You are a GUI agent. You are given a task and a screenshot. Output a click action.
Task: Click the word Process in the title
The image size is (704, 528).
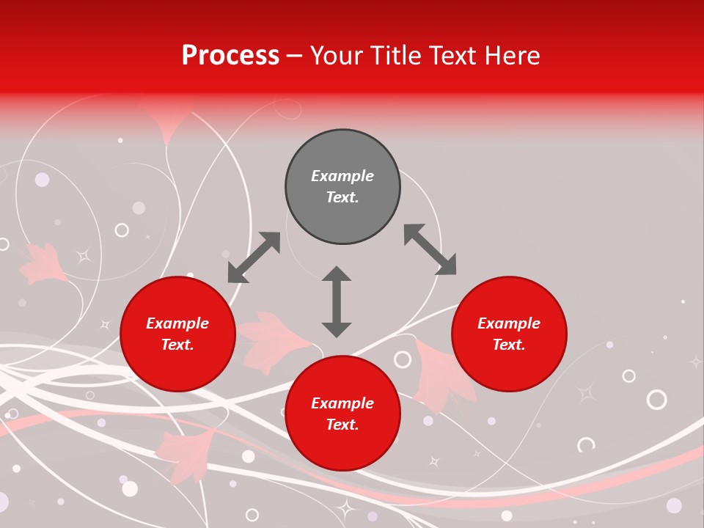pos(230,56)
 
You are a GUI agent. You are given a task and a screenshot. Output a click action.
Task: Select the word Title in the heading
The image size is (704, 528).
pos(399,56)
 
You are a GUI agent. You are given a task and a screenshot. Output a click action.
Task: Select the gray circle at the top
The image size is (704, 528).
pos(342,187)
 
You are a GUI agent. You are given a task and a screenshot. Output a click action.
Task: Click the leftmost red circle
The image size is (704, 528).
pos(177,334)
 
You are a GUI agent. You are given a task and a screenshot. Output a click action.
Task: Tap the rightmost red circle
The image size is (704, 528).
pos(509,334)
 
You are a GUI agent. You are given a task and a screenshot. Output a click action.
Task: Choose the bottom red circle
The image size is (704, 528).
pos(342,414)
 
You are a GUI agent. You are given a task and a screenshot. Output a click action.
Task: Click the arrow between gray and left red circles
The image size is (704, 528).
pos(254,257)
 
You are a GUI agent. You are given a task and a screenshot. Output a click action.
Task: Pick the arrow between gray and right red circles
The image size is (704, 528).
pos(430,249)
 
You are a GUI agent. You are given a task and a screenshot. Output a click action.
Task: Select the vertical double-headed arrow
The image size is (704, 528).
pos(337,301)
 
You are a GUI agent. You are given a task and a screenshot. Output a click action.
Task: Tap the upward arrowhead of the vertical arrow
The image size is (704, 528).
pos(337,274)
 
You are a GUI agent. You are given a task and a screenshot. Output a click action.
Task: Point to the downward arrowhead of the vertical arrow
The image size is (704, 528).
pos(337,329)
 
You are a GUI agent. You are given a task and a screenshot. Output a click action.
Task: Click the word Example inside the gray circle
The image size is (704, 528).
pos(342,176)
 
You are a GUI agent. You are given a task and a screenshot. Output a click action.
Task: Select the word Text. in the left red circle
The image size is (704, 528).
pos(177,345)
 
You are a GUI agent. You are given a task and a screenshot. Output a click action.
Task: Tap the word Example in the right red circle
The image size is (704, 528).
pos(509,323)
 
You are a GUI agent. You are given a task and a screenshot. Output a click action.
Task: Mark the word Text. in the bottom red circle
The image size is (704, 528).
pos(342,425)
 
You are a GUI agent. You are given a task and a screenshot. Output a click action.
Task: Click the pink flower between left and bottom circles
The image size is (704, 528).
pos(271,340)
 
